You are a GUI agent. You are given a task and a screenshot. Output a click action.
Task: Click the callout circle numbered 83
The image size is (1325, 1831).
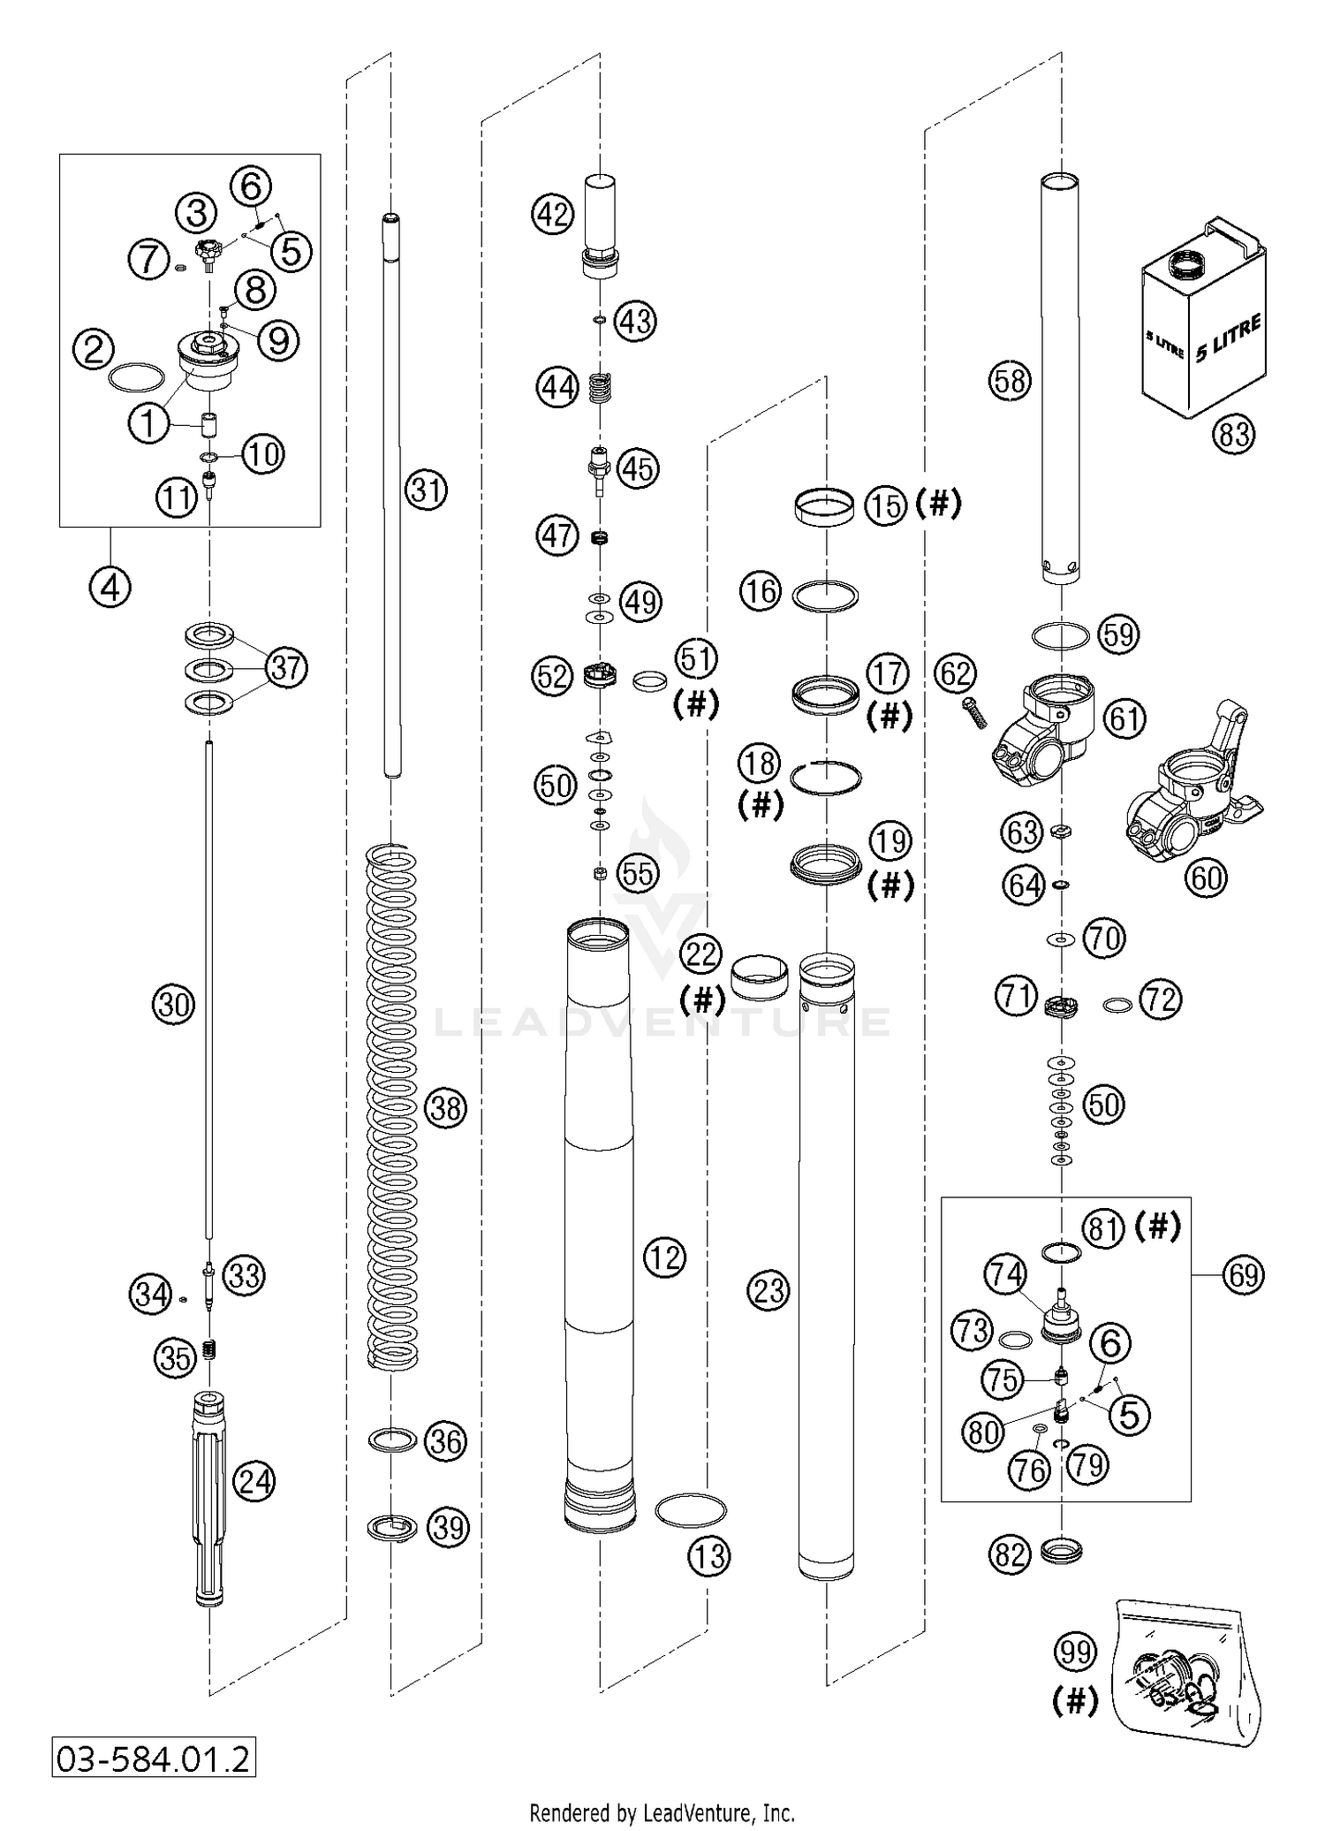tap(1233, 433)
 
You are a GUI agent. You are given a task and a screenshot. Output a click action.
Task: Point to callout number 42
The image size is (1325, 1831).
tap(553, 215)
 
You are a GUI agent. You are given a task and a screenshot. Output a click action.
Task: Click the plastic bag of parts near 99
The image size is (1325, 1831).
tap(1184, 1675)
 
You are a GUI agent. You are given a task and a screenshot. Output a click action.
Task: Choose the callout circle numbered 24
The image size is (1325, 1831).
tap(254, 1481)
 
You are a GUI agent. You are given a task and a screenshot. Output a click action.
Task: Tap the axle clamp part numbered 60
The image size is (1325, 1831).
tap(1188, 778)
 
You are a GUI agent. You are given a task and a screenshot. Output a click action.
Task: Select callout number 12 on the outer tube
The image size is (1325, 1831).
tap(664, 1256)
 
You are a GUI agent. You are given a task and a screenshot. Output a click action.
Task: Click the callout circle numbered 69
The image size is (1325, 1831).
tap(1243, 1274)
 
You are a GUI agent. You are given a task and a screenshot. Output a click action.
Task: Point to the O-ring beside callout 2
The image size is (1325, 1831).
tap(137, 376)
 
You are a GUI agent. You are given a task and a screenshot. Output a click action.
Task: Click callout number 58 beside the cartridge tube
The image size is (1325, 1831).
tap(1010, 381)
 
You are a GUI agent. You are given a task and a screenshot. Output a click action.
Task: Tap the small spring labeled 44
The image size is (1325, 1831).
tap(601, 387)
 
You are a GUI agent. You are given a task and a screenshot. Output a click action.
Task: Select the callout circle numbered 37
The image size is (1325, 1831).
tap(286, 667)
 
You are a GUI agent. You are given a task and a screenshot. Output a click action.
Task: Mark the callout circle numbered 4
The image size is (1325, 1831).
tap(110, 586)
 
